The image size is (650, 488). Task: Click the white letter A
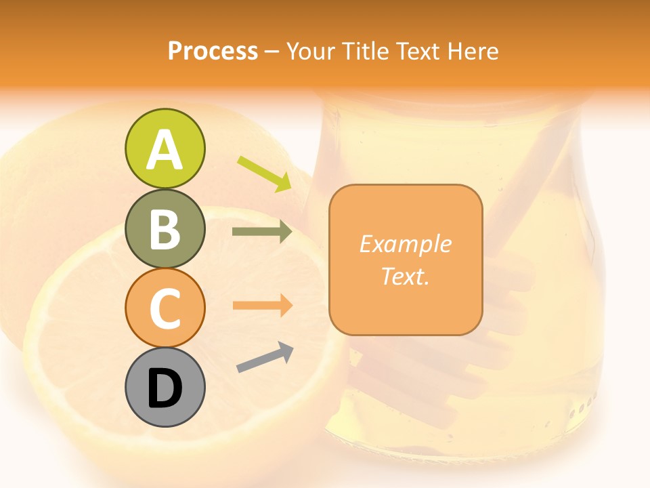pyautogui.click(x=165, y=150)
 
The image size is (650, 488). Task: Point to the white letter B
pyautogui.click(x=165, y=229)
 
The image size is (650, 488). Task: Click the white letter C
pyautogui.click(x=165, y=308)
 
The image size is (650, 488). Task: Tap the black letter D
pyautogui.click(x=165, y=388)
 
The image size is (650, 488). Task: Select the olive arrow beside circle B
pyautogui.click(x=262, y=232)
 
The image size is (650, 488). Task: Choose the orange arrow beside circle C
pyautogui.click(x=262, y=306)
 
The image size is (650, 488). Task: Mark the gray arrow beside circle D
pyautogui.click(x=265, y=357)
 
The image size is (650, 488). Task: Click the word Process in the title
pyautogui.click(x=213, y=52)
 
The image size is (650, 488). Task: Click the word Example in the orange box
pyautogui.click(x=405, y=244)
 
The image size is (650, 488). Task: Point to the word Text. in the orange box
pyautogui.click(x=405, y=276)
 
